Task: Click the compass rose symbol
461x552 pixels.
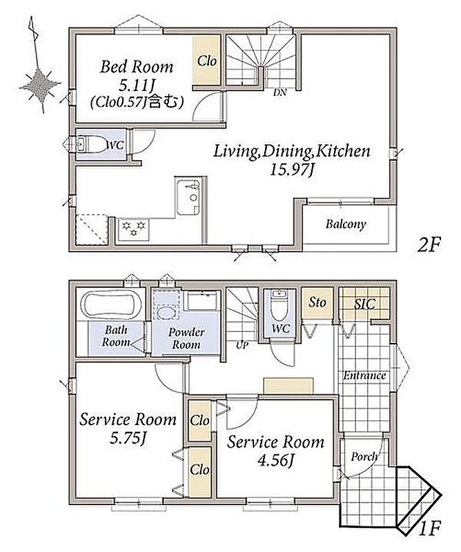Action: click(x=39, y=84)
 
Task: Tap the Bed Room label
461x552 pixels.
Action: click(x=137, y=67)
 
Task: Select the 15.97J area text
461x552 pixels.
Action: click(x=292, y=170)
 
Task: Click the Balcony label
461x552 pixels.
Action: click(x=346, y=224)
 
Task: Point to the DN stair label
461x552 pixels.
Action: click(x=279, y=93)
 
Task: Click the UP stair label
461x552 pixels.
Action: click(x=242, y=345)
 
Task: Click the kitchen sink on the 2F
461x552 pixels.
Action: click(x=188, y=197)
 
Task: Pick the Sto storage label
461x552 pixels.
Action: click(x=317, y=302)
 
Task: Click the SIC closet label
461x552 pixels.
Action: click(x=364, y=304)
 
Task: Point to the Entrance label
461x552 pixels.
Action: click(x=364, y=375)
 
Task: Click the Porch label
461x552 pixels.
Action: click(x=364, y=457)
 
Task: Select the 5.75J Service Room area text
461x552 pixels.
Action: click(x=128, y=438)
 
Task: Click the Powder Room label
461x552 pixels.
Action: click(x=186, y=338)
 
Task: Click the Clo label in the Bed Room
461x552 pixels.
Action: click(x=207, y=61)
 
